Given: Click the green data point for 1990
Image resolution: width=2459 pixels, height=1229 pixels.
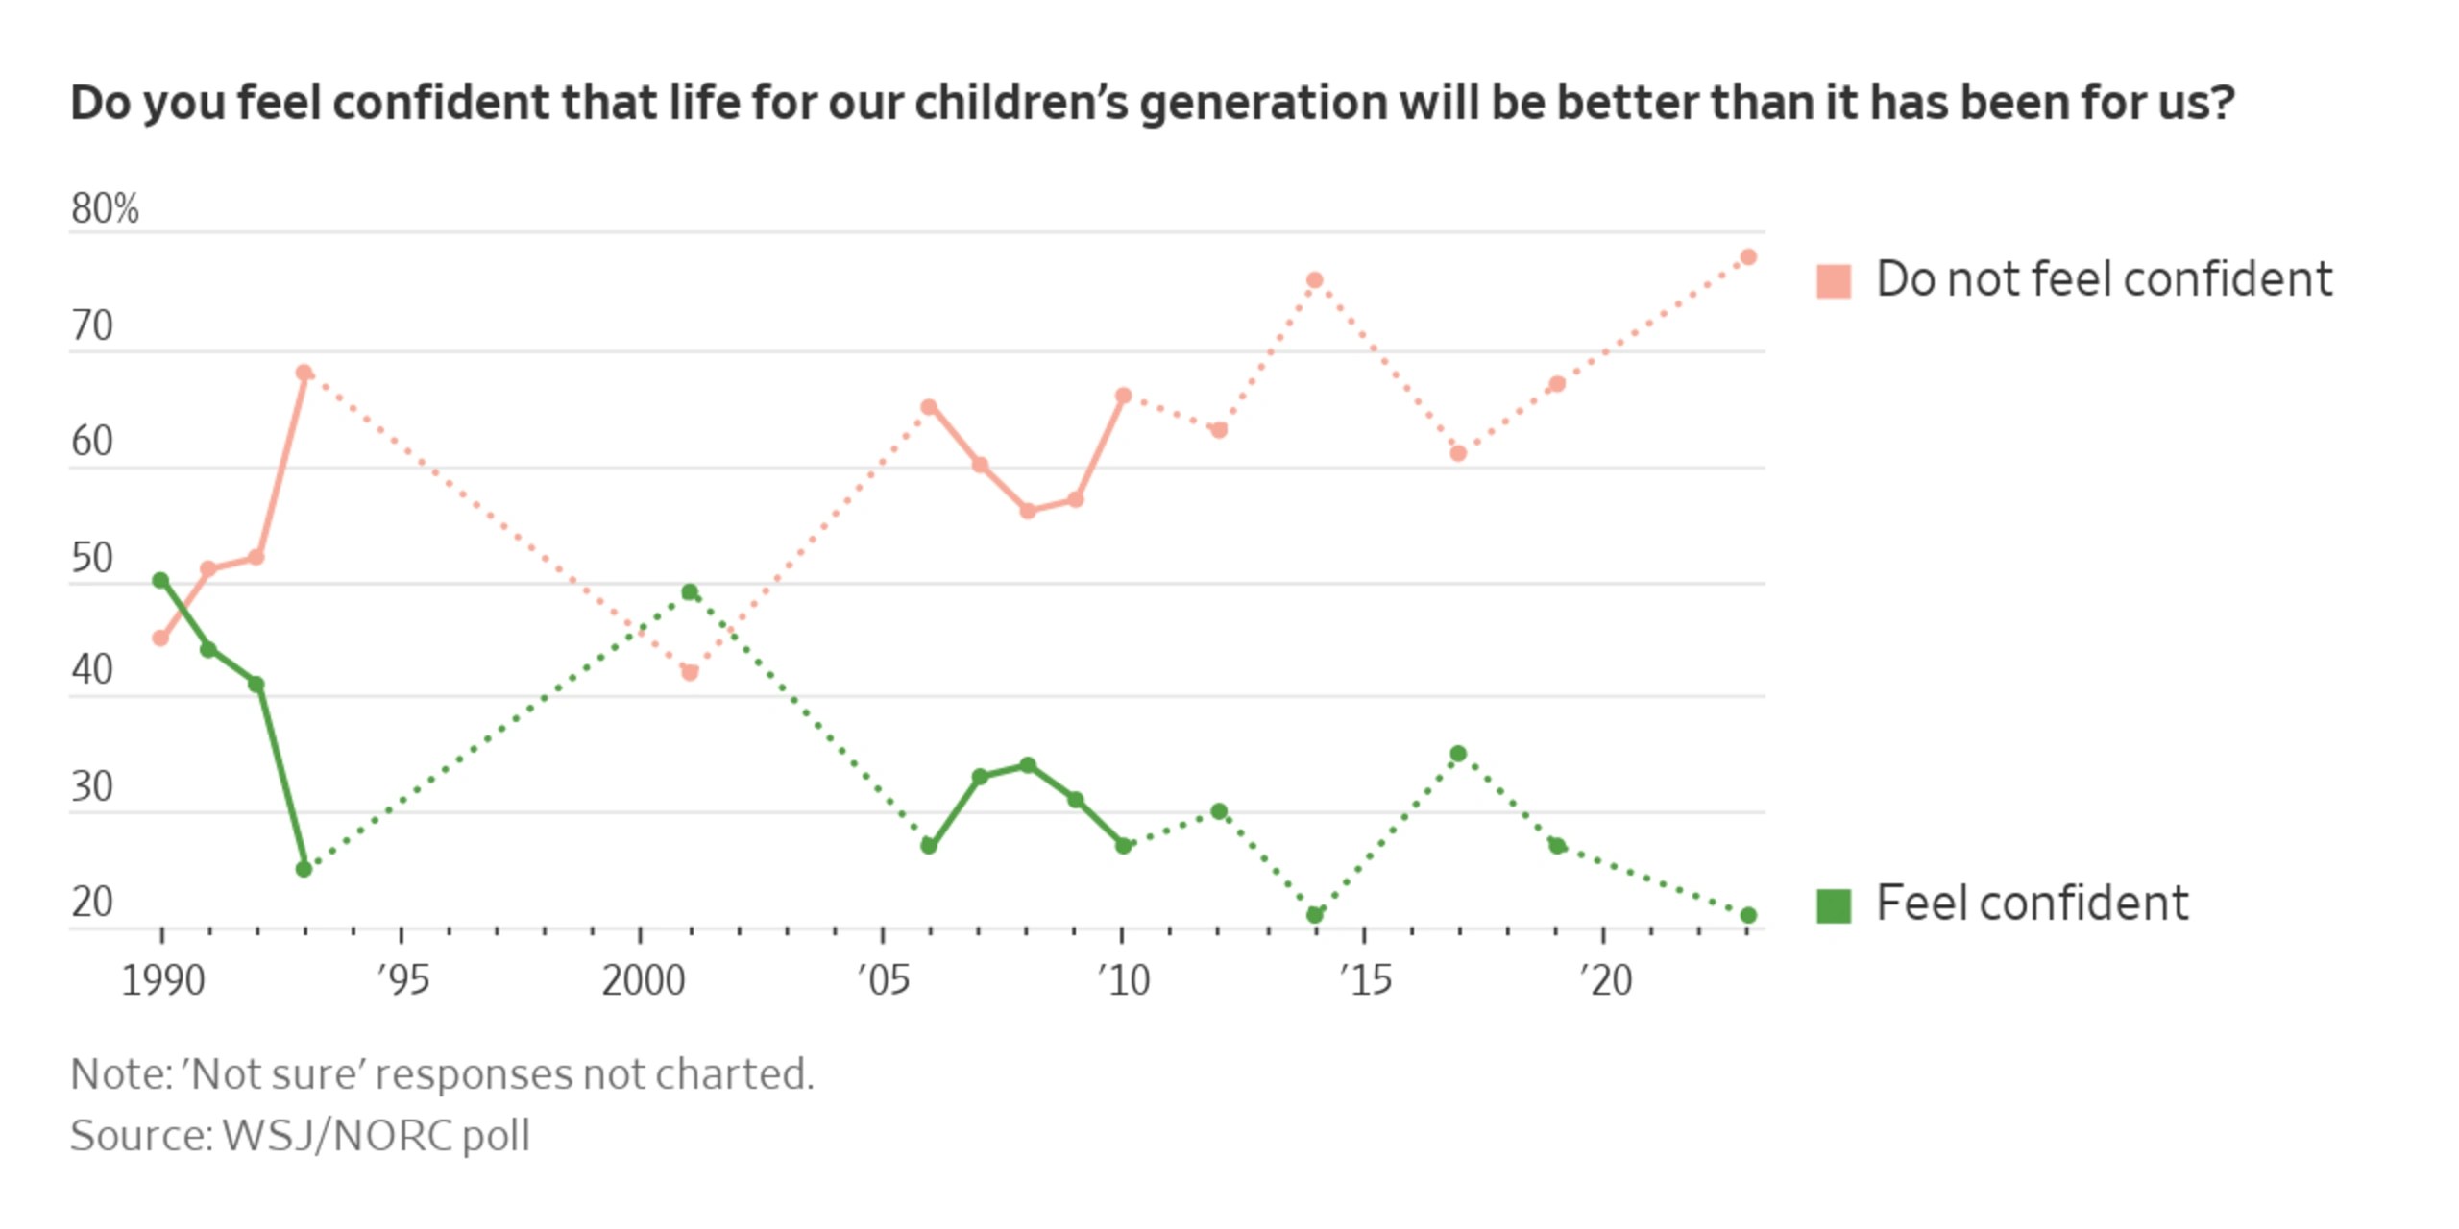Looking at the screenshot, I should pyautogui.click(x=160, y=580).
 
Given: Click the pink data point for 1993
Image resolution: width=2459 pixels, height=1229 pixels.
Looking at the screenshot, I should pyautogui.click(x=304, y=373).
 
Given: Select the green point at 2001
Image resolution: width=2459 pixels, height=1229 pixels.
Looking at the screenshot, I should pyautogui.click(x=689, y=591).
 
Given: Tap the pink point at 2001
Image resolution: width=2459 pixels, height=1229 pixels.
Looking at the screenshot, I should pyautogui.click(x=689, y=672).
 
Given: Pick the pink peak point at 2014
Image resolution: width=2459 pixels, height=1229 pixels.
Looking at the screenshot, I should pyautogui.click(x=1314, y=280).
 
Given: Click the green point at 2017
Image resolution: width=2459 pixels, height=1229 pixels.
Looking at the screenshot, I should pyautogui.click(x=1457, y=754).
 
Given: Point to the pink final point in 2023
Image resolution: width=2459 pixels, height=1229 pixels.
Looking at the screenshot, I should pyautogui.click(x=1747, y=257).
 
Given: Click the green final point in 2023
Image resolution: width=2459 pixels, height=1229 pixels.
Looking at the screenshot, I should pyautogui.click(x=1747, y=915).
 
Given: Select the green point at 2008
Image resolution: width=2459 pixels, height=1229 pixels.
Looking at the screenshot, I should pyautogui.click(x=1027, y=765).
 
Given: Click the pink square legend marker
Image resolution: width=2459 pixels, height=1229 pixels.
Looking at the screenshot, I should pyautogui.click(x=1833, y=281).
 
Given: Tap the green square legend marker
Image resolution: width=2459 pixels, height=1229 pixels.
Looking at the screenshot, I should pyautogui.click(x=1833, y=905).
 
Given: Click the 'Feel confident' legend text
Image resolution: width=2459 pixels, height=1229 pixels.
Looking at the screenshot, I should pyautogui.click(x=2032, y=904).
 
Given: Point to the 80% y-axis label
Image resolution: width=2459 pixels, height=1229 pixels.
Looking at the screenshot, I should pyautogui.click(x=105, y=208).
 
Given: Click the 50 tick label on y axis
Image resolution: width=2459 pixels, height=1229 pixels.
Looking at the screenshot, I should pyautogui.click(x=92, y=558).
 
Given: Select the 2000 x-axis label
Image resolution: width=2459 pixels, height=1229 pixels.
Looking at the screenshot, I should pyautogui.click(x=643, y=980).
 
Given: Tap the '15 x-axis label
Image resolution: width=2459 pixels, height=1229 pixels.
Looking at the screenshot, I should pyautogui.click(x=1365, y=980).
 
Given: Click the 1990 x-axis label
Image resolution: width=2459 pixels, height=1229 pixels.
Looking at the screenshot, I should pyautogui.click(x=162, y=980).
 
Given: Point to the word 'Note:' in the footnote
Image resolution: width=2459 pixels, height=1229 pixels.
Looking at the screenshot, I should pyautogui.click(x=120, y=1074).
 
